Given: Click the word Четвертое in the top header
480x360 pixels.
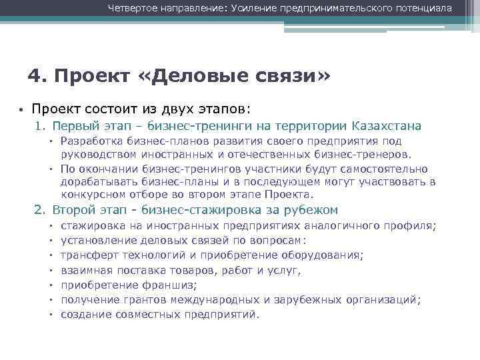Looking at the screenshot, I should click(133, 8).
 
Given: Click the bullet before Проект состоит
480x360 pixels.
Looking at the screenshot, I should click(21, 109).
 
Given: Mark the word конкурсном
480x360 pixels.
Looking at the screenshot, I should click(93, 195).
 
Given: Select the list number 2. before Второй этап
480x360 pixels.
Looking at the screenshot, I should click(39, 210).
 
